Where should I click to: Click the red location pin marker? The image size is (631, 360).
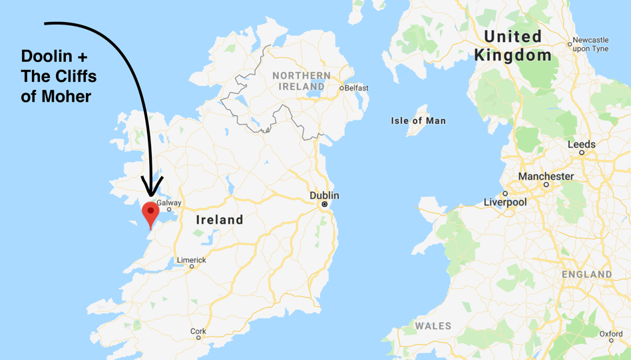click(151, 212)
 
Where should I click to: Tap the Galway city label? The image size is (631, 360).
click(169, 203)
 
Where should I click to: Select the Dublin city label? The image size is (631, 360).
click(324, 196)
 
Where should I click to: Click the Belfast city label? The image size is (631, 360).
click(356, 88)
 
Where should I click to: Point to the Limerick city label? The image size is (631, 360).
click(191, 260)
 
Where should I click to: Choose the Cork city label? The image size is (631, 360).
click(198, 331)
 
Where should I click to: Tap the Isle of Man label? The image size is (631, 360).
click(418, 120)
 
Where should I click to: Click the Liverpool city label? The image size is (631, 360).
click(505, 202)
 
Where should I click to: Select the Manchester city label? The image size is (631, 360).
click(546, 176)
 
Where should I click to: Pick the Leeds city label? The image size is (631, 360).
click(581, 144)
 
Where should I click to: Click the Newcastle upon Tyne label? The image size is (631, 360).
click(590, 44)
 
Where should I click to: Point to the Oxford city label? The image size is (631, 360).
click(611, 333)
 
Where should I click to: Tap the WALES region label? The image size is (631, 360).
click(433, 326)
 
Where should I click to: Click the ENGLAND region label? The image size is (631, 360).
click(586, 274)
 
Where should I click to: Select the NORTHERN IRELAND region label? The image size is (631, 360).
click(302, 81)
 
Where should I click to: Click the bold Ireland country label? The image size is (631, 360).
click(220, 220)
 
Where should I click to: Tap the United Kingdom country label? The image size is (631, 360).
click(513, 45)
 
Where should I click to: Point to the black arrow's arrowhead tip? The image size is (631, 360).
click(152, 197)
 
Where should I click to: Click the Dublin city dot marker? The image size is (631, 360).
click(325, 204)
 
